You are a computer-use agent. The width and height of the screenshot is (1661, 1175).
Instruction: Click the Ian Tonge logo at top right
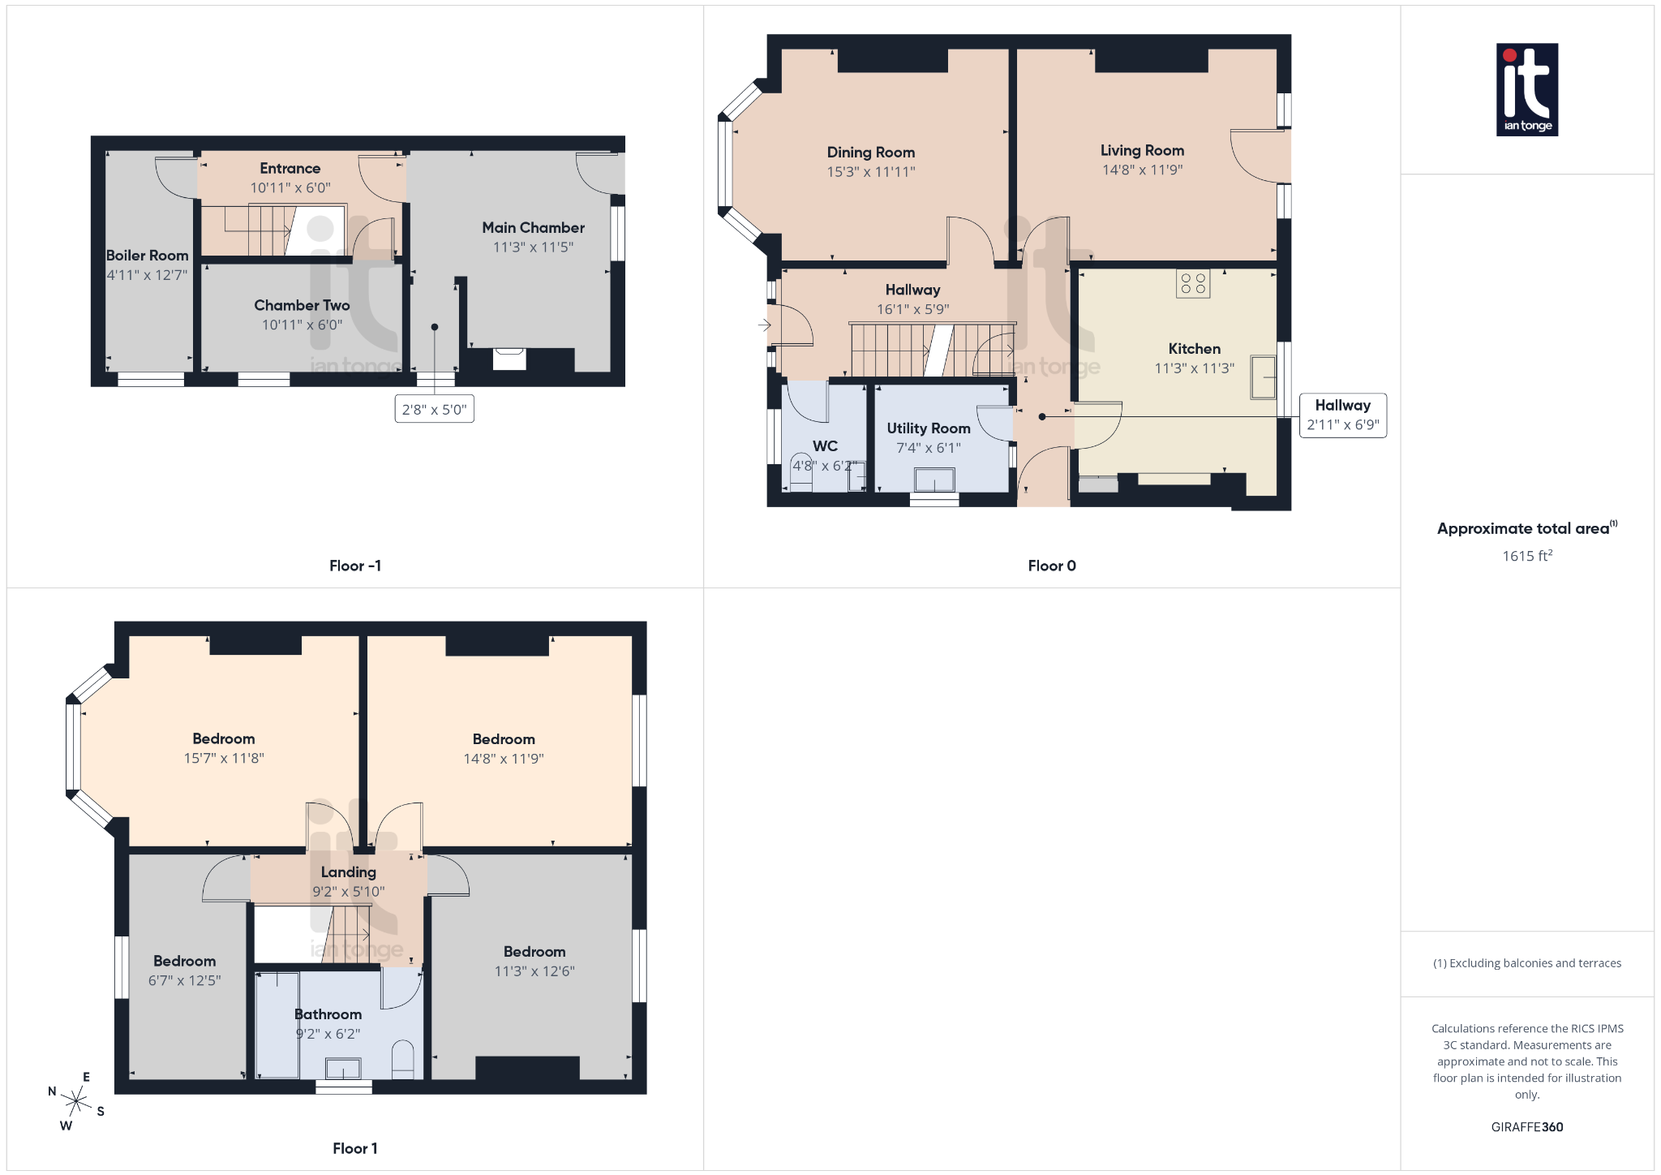1526,89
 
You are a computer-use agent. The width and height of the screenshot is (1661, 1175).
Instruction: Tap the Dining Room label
870,153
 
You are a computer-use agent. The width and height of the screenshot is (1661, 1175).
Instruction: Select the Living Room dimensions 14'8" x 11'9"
1142,170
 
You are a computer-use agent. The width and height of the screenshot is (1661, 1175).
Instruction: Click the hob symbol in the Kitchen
1193,284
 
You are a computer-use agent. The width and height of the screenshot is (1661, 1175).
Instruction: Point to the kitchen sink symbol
1263,377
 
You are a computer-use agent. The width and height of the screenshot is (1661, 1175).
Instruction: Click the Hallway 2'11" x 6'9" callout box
1342,415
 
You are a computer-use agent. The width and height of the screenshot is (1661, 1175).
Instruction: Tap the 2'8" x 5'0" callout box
434,410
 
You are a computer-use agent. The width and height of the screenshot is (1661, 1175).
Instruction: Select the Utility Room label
928,428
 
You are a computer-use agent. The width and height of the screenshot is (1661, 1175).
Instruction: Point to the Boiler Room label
147,256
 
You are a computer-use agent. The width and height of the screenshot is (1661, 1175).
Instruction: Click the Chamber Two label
302,306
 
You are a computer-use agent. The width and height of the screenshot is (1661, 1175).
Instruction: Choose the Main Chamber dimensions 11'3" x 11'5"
533,247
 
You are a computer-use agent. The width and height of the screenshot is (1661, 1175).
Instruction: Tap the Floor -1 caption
354,566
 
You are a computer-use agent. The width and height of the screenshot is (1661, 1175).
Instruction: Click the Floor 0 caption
1051,566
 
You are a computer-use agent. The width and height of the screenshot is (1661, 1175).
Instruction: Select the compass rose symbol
76,1101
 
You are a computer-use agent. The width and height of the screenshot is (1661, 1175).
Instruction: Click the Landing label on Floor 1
348,872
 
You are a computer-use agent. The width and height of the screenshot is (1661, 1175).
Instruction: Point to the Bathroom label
328,1014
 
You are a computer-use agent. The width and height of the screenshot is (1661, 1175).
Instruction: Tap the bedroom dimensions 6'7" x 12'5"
184,981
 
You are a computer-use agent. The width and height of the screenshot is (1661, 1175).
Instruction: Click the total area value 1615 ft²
1526,556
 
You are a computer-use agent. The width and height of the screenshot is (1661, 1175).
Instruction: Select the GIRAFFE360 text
1526,1127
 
